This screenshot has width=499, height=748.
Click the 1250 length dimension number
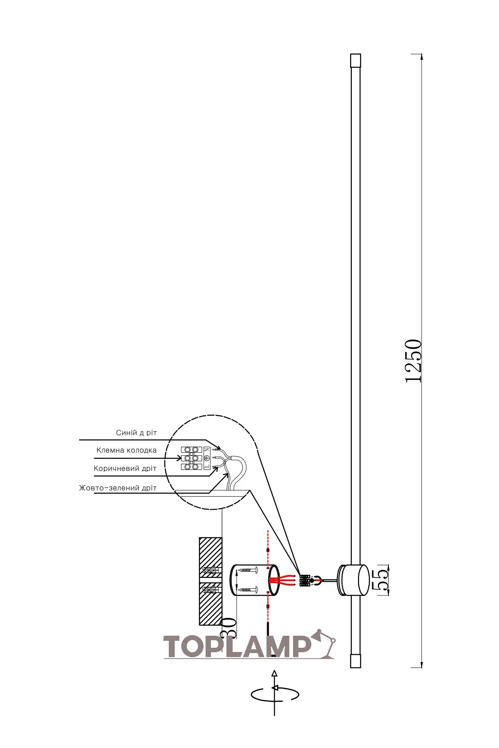pos(414,361)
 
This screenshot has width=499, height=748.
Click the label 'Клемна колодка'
pos(126,450)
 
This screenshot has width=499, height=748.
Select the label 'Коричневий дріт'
pos(125,468)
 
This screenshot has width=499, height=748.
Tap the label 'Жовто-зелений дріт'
pos(118,488)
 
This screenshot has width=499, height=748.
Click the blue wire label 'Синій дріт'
pos(136,433)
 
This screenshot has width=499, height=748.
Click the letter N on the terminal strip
pos(207,450)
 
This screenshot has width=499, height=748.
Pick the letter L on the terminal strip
pos(207,467)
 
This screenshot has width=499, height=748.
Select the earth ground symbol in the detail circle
pos(207,458)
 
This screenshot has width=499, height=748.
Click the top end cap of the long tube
pos(356,61)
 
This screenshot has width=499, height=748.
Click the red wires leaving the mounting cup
pos(283,580)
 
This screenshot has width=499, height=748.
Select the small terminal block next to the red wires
pos(304,580)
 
